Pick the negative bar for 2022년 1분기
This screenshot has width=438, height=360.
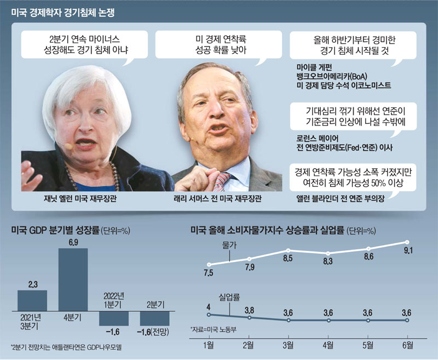[113, 317]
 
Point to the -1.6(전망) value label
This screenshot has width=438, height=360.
[154, 332]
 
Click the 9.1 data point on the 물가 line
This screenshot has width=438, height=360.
[407, 242]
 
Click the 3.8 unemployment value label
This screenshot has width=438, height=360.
[249, 310]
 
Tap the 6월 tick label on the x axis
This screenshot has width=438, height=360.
[406, 345]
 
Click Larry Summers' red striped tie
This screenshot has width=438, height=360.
[221, 180]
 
